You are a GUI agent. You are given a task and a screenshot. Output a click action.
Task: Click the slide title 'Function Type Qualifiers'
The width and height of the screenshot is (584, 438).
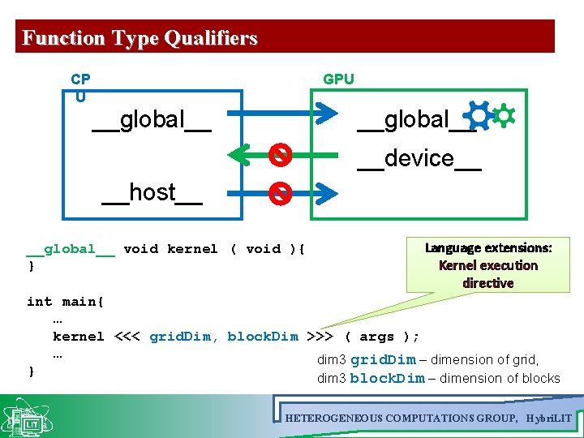click(x=140, y=38)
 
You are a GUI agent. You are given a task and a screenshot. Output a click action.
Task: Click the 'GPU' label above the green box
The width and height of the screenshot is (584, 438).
click(x=338, y=79)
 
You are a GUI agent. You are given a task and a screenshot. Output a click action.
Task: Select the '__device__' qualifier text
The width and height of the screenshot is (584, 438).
click(x=419, y=158)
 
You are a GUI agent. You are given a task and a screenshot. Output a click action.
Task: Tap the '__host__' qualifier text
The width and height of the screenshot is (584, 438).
click(x=152, y=193)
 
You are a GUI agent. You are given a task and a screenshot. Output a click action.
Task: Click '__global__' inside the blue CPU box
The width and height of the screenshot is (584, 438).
click(x=152, y=120)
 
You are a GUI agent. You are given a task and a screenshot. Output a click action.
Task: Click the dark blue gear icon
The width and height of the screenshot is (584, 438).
click(x=479, y=118)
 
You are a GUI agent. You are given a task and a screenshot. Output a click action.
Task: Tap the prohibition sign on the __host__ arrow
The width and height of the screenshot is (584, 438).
click(x=280, y=192)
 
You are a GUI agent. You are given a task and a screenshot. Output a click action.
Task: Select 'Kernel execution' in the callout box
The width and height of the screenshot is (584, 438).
click(x=488, y=265)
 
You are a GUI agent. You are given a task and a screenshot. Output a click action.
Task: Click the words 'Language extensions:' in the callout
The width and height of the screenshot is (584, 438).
click(x=488, y=247)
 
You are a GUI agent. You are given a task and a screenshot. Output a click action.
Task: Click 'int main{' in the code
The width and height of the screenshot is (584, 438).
click(x=65, y=302)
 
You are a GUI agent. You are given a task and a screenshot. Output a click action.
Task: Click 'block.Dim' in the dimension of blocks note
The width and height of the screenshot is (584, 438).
click(x=387, y=378)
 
